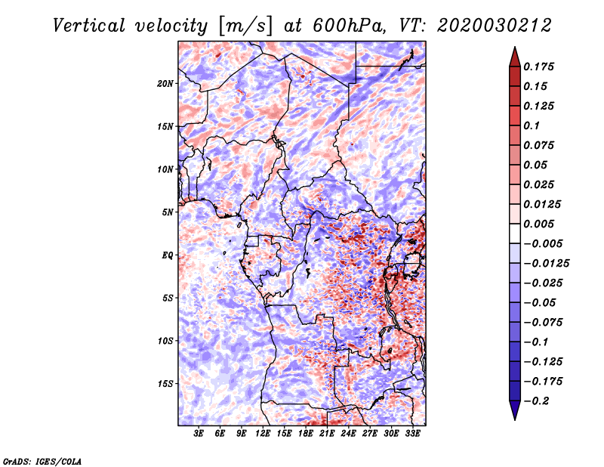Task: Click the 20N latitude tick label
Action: coord(165,84)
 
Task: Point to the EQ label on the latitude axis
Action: coord(167,255)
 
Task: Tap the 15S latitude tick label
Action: coord(165,384)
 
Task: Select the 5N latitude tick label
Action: coord(168,212)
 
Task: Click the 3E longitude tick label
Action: coord(199,434)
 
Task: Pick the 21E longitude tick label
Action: coord(327,434)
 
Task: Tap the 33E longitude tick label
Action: coord(412,434)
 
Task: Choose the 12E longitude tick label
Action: coord(262,434)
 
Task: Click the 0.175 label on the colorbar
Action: coord(538,66)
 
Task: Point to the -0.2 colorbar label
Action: coord(536,401)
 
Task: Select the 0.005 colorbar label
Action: coord(538,224)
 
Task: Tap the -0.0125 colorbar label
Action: coord(546,264)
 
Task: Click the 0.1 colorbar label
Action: coord(532,125)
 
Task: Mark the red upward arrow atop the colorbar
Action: coord(515,57)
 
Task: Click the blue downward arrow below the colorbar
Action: coord(515,410)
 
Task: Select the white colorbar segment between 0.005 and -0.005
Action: coord(515,233)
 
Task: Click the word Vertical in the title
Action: coord(89,26)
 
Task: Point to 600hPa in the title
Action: coord(349,26)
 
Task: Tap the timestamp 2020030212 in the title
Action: coord(495,26)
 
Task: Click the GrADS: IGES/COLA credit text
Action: coord(42,462)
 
